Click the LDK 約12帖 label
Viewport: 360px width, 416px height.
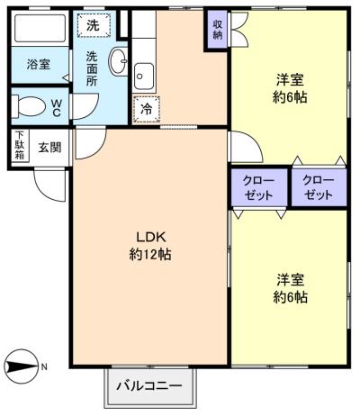tap(149, 245)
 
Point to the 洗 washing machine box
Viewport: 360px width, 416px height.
tap(93, 26)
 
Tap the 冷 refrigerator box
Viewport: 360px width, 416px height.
tap(146, 110)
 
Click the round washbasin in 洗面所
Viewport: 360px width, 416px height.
tap(118, 61)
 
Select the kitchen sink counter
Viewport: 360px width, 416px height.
tap(145, 76)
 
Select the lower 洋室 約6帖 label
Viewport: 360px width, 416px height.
tap(290, 286)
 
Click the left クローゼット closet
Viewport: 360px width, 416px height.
tap(258, 186)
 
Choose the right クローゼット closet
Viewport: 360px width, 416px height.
tap(319, 186)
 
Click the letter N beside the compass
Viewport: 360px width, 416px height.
tap(45, 366)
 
